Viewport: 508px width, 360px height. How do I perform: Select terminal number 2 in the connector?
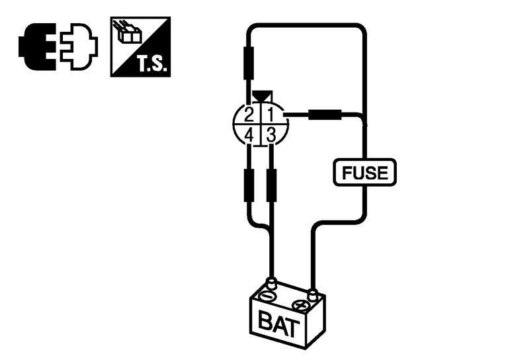249,114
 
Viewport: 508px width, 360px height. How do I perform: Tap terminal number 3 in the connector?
271,136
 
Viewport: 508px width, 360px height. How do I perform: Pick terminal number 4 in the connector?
249,136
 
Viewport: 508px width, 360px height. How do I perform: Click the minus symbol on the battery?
268,294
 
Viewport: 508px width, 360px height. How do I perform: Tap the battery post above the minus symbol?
270,283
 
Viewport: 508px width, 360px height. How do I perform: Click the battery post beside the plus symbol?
314,292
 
